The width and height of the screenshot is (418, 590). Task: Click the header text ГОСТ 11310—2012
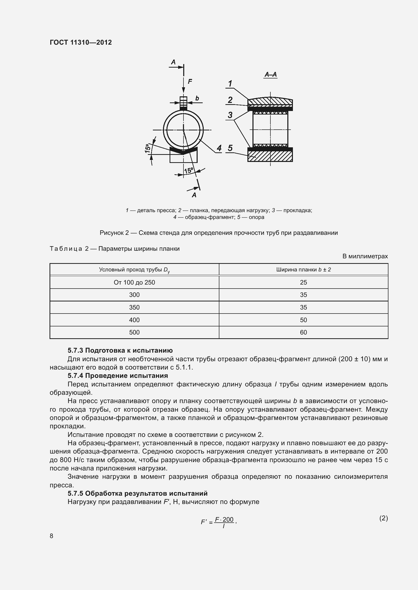pyautogui.click(x=81, y=42)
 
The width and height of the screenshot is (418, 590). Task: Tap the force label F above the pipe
pyautogui.click(x=190, y=81)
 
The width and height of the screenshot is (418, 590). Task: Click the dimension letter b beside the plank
pyautogui.click(x=197, y=98)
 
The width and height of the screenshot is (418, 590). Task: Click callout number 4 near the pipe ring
pyautogui.click(x=219, y=148)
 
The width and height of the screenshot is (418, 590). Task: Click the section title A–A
pyautogui.click(x=270, y=74)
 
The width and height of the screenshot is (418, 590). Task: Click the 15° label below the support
pyautogui.click(x=189, y=170)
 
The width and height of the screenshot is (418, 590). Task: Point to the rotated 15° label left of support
pyautogui.click(x=148, y=148)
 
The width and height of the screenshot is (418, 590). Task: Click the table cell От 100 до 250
pyautogui.click(x=134, y=283)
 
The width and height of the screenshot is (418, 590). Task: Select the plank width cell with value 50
pyautogui.click(x=304, y=320)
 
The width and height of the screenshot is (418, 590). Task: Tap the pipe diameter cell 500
pyautogui.click(x=134, y=332)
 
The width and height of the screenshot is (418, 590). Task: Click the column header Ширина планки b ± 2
pyautogui.click(x=304, y=270)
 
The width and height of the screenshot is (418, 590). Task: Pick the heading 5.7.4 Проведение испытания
pyautogui.click(x=118, y=376)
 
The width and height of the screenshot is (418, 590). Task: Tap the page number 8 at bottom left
pyautogui.click(x=52, y=536)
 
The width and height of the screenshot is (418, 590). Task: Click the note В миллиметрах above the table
pyautogui.click(x=365, y=256)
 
